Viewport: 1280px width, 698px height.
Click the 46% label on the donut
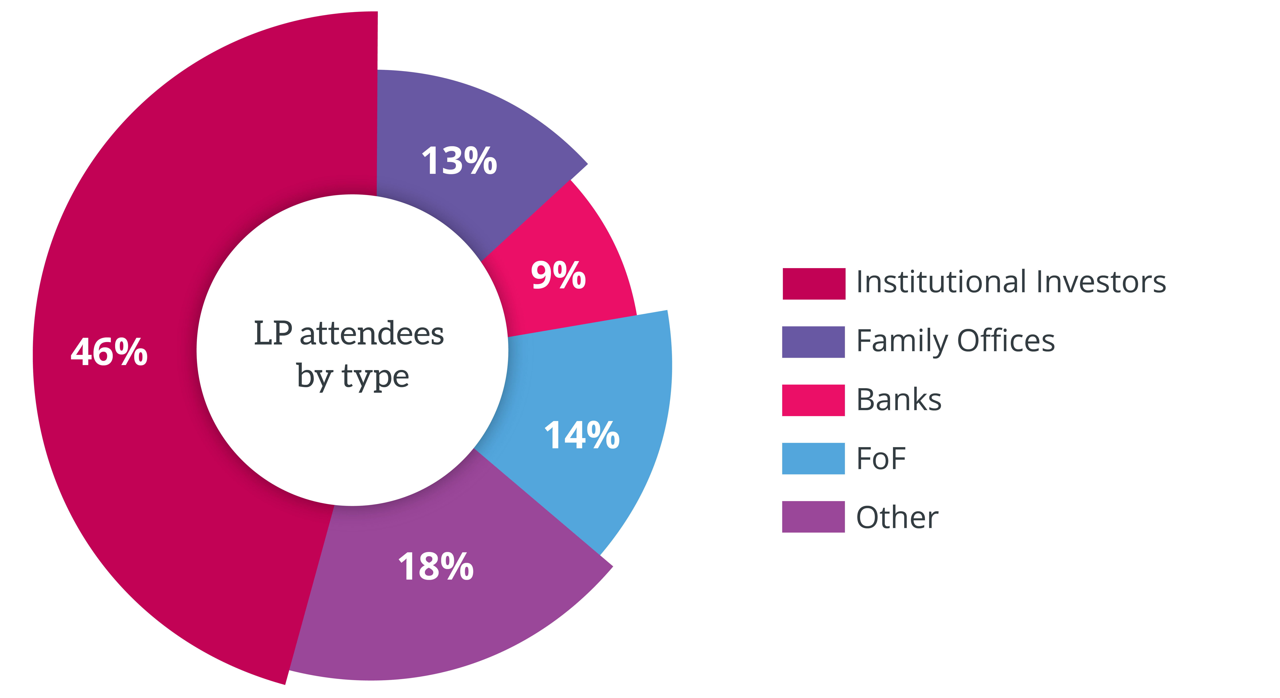click(109, 352)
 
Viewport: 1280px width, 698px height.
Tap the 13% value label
click(459, 161)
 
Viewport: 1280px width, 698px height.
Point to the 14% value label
click(582, 435)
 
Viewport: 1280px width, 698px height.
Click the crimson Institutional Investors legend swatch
click(813, 284)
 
